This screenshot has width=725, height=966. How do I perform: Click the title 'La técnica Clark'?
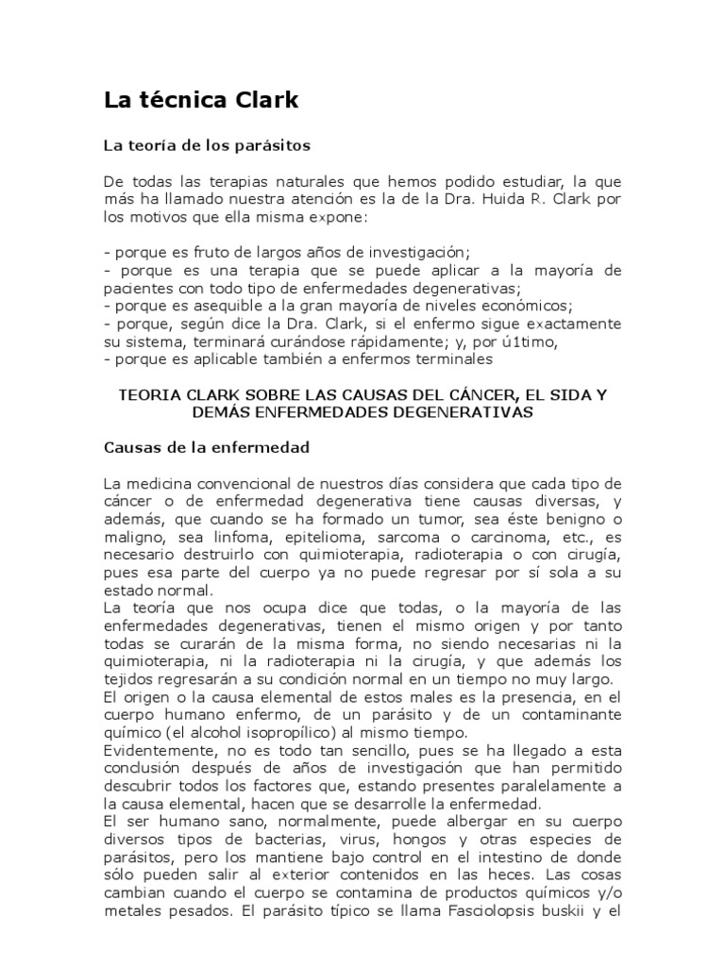point(200,100)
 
